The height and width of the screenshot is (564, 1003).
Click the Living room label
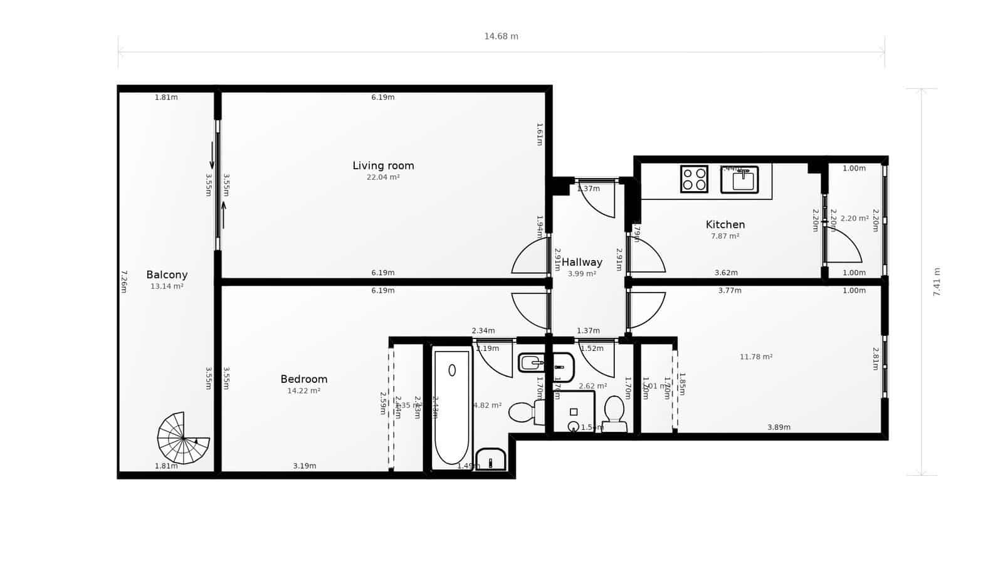(x=383, y=165)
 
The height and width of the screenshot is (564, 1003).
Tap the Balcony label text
(x=167, y=274)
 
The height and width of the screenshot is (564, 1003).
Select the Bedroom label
(x=303, y=379)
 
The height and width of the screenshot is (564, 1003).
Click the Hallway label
(x=582, y=262)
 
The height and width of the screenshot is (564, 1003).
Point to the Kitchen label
(x=725, y=224)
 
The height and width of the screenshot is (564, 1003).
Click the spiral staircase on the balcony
(x=182, y=438)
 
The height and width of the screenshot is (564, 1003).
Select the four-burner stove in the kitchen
(x=694, y=179)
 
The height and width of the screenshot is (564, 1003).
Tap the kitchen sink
(x=740, y=180)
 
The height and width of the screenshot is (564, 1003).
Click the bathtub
(x=451, y=407)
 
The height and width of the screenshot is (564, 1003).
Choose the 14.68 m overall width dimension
(x=501, y=36)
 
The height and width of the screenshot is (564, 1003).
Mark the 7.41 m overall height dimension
(x=937, y=282)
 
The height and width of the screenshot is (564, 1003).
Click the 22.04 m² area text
(x=383, y=177)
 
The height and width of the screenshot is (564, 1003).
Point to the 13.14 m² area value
(x=167, y=286)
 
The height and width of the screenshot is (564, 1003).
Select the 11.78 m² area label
(x=756, y=357)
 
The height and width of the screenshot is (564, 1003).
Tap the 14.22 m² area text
(x=303, y=390)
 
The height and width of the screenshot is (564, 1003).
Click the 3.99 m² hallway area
(x=582, y=274)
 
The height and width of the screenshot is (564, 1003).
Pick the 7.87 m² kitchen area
(x=725, y=236)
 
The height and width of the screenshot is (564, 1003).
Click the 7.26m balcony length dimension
(x=123, y=281)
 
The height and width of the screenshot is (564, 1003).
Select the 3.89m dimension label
(x=779, y=427)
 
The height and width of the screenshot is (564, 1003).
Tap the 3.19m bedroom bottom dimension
(x=305, y=466)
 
